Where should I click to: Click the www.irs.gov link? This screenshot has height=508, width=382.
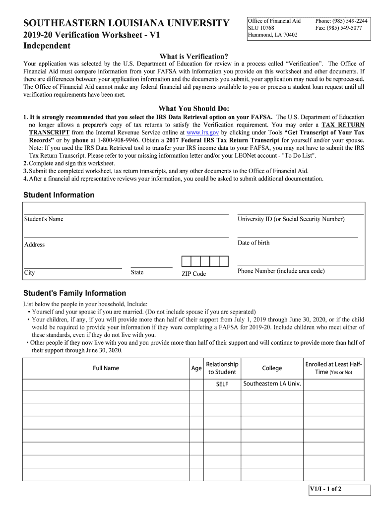202,133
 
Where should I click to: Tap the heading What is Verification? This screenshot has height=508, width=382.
193,57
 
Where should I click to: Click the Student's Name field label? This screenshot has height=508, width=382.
44,219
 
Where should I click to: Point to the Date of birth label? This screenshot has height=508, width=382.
254,243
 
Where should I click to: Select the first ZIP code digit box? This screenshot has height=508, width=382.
186,261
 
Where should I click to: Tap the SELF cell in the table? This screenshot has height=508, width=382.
222,384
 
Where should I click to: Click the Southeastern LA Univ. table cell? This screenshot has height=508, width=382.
272,384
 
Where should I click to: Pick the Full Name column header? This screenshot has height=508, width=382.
106,368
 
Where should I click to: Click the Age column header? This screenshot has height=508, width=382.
196,369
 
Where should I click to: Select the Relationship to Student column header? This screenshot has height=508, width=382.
222,368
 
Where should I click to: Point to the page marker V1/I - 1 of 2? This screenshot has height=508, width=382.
325,489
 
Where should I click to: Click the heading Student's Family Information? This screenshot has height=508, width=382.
75,293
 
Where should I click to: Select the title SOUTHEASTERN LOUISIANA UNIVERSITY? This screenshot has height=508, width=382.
127,23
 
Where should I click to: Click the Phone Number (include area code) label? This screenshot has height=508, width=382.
281,271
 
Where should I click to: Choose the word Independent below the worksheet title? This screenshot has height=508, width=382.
47,46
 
